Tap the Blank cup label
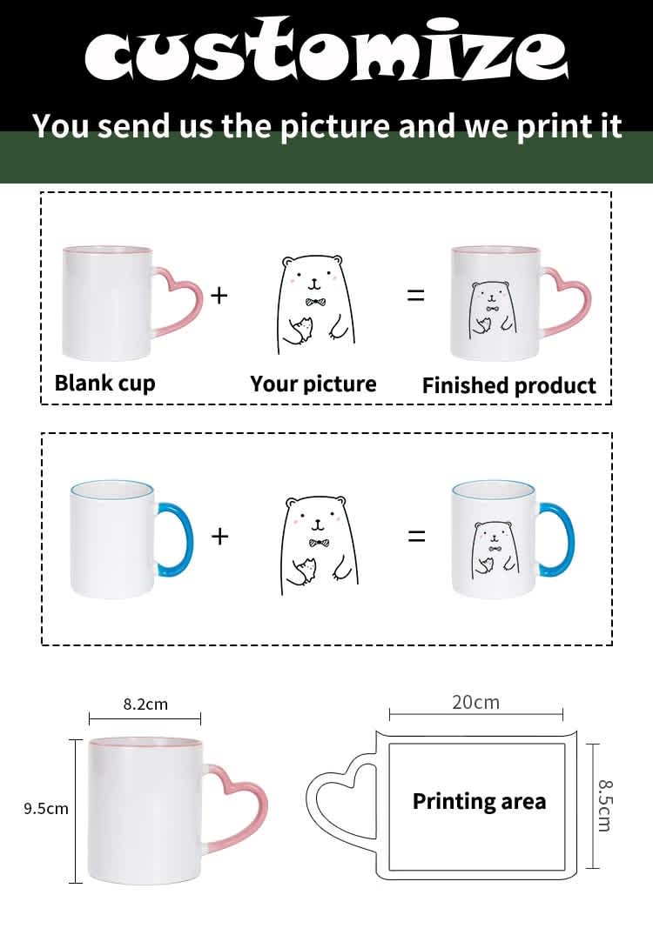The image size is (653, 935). click(105, 383)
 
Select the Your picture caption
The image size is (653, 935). click(313, 384)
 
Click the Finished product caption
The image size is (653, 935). click(509, 386)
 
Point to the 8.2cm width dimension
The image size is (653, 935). click(145, 705)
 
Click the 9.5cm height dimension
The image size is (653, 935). click(46, 809)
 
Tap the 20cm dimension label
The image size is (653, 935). click(475, 703)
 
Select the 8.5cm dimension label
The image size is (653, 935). click(604, 805)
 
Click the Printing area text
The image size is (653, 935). click(480, 801)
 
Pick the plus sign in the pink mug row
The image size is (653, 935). click(219, 295)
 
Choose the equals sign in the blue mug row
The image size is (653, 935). click(417, 536)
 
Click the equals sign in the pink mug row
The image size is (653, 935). click(415, 295)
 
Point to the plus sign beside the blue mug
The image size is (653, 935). click(220, 536)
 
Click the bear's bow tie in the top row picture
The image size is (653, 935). click(312, 302)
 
